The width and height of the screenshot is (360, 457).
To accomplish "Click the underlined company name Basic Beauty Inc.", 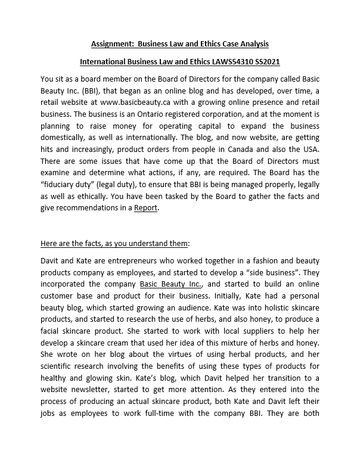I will (x=172, y=284).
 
